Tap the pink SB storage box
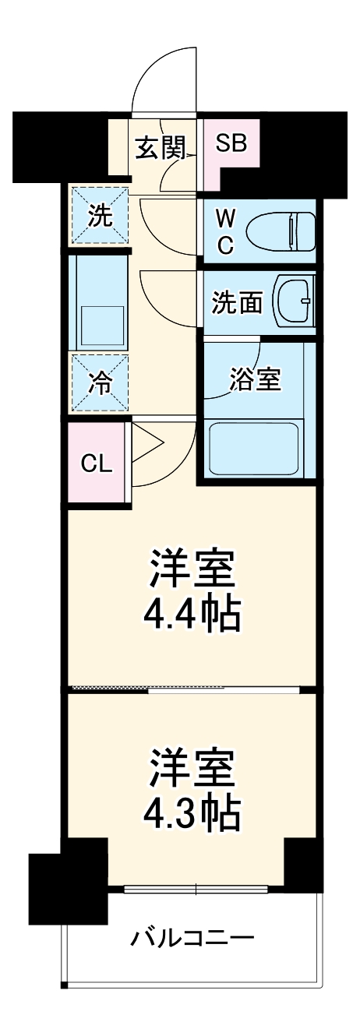pos(231,143)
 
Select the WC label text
pos(224,231)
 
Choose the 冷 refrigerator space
pos(99,382)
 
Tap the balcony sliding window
pos(196,889)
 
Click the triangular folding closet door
pos(146,446)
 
